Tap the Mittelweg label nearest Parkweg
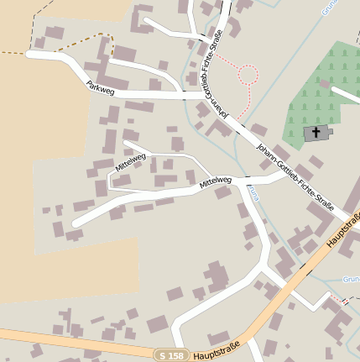130,162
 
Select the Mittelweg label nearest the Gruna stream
215,181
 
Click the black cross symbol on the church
316,132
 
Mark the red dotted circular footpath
248,75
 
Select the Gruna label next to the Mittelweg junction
249,193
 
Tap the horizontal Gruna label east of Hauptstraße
351,278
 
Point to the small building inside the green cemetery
317,133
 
